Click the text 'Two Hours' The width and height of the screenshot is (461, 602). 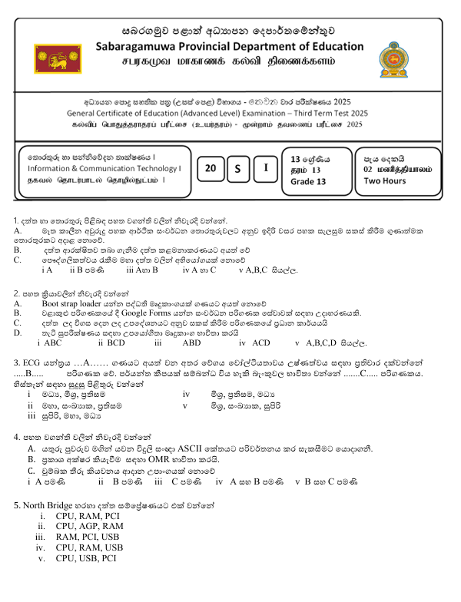pos(385,181)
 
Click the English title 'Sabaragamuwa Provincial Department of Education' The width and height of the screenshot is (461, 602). pos(229,47)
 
